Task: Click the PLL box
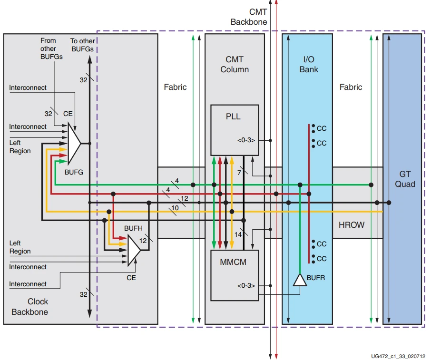[235, 129]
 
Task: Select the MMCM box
[235, 274]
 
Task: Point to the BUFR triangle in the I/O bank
[300, 280]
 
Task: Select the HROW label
[351, 225]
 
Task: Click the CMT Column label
[234, 64]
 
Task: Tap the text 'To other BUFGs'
[82, 45]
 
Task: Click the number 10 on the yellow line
[175, 208]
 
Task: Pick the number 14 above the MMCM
[238, 234]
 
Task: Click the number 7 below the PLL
[239, 172]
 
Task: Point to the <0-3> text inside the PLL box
[246, 140]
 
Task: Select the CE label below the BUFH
[131, 277]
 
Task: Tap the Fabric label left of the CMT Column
[175, 87]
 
